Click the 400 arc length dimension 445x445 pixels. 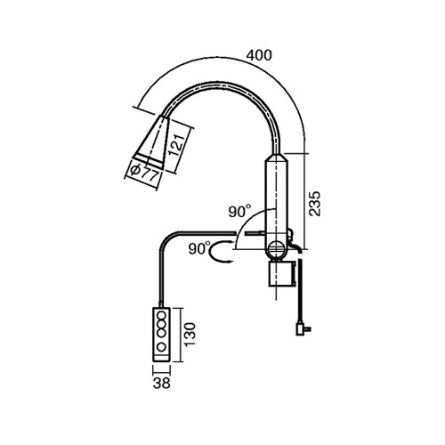coord(259,55)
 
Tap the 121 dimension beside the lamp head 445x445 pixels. coord(177,145)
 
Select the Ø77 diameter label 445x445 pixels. coord(144,174)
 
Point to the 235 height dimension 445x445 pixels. coord(314,204)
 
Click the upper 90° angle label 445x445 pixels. coord(239,211)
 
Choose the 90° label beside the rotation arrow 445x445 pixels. coord(199,248)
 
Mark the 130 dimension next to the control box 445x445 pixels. coord(190,334)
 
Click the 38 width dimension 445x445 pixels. coord(162,383)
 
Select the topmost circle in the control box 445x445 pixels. coord(161,315)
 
